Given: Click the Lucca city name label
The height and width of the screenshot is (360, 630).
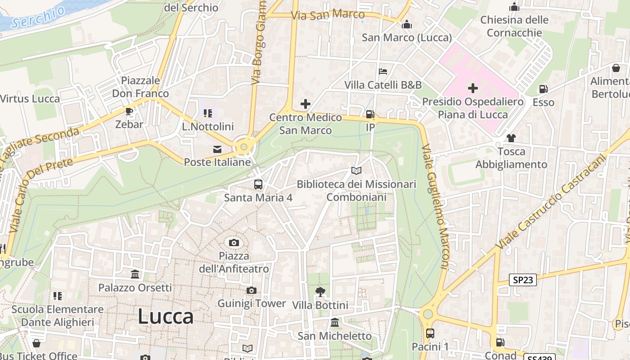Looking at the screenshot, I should (165, 316).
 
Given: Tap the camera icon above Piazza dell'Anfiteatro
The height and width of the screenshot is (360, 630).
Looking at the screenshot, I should (234, 243).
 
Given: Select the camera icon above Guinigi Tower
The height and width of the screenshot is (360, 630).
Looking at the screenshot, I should (252, 291).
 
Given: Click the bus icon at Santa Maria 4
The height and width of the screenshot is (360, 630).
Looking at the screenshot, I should (258, 184).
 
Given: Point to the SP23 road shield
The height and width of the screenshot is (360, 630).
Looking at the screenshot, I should (523, 280).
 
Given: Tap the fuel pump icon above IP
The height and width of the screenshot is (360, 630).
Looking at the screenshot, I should (370, 114).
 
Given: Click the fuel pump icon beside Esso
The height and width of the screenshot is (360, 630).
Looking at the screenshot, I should (544, 89).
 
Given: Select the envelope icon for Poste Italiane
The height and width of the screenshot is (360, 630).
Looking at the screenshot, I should (217, 149).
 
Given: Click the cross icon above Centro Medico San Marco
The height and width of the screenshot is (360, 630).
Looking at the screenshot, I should (306, 104).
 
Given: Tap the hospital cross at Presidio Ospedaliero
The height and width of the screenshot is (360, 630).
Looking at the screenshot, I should (473, 88).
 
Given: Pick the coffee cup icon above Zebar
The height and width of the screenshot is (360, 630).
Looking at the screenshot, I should (129, 111).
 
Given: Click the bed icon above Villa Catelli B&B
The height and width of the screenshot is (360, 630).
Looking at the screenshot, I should (383, 72).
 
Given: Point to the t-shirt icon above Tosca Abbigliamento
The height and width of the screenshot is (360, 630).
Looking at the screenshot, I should (511, 138).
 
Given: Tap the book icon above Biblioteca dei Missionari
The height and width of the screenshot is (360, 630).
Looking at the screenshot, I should (356, 171).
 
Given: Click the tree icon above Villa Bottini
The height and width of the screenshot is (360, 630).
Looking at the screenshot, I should (320, 292).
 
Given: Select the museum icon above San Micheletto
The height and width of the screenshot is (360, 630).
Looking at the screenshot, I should (335, 322).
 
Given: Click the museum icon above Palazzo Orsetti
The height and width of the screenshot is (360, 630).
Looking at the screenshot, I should (135, 274).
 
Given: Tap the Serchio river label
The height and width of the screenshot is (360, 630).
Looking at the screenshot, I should (38, 17).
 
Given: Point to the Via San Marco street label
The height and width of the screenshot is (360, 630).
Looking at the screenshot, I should (328, 15).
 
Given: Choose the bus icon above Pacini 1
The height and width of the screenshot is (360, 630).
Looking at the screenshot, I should (430, 333).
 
